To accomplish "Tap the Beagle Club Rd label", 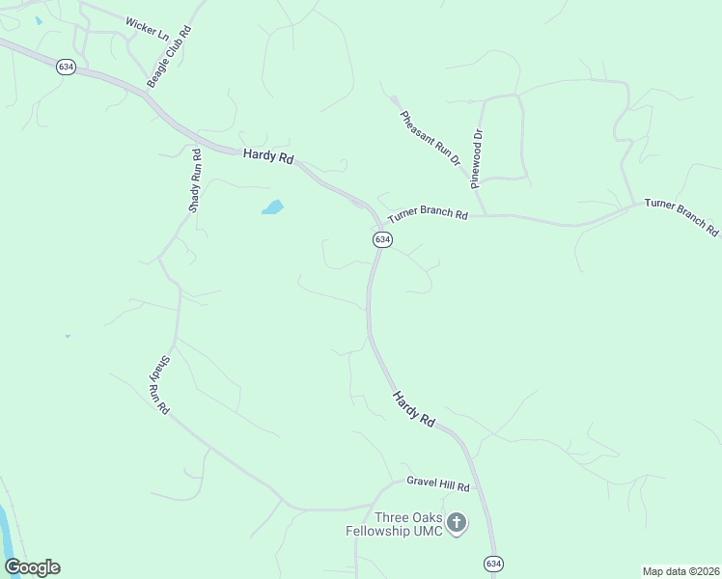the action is [x=169, y=57].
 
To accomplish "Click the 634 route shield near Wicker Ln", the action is [x=66, y=67].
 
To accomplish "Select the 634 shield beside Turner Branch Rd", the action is [x=382, y=238].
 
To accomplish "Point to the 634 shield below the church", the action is [x=492, y=563].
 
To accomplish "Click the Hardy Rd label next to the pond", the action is [x=267, y=154].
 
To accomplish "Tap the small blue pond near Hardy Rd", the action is [x=272, y=207].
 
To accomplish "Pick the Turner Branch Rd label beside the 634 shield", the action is [x=428, y=215].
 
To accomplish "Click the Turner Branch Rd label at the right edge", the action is [x=681, y=217].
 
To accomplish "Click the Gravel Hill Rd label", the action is [x=436, y=487].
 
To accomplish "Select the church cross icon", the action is [x=458, y=523].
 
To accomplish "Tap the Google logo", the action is [x=32, y=567].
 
